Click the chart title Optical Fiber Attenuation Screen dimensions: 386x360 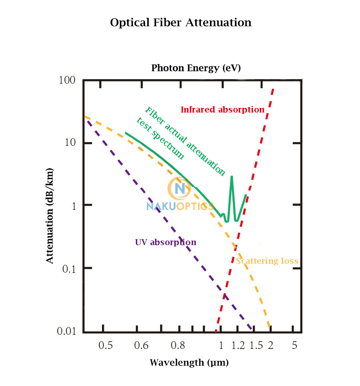[181, 22]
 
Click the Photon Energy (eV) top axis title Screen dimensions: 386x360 [196, 68]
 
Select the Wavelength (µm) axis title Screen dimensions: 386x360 [189, 363]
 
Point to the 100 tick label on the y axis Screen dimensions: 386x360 [67, 80]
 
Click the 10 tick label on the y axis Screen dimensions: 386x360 [69, 143]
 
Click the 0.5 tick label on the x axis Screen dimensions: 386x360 [106, 346]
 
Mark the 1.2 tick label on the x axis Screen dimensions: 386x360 [238, 346]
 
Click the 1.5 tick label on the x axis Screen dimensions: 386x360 [256, 346]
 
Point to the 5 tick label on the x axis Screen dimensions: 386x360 [294, 346]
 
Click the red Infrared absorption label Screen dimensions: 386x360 [222, 110]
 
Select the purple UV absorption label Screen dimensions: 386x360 [166, 242]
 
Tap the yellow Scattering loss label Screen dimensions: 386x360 [267, 261]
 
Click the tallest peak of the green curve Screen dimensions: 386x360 [231, 177]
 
